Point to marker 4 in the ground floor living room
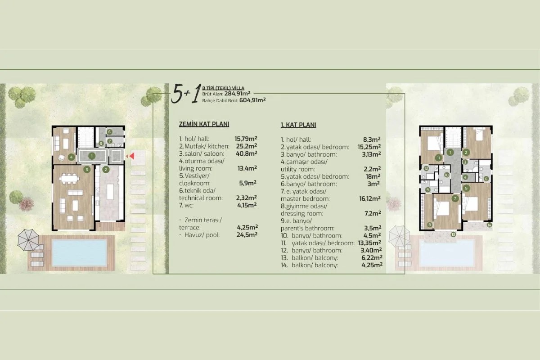[71, 157]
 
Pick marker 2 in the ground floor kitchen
[105, 170]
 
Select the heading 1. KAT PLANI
[298, 125]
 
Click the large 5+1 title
[185, 95]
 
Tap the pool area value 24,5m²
[247, 234]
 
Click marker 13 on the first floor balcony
[453, 234]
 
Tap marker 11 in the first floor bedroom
[438, 157]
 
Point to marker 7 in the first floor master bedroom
[455, 198]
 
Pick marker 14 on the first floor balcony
[489, 225]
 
